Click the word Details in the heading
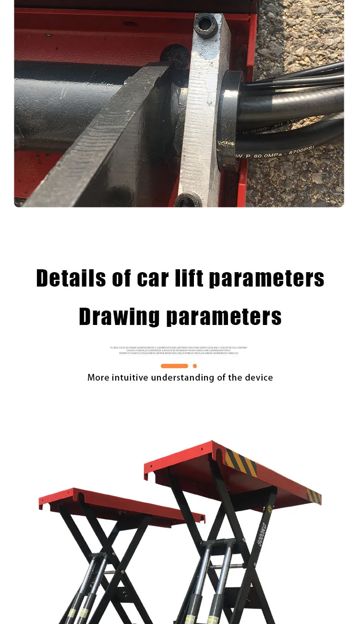coord(71,278)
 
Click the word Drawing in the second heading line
coord(120,316)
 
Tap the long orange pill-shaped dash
coord(174,366)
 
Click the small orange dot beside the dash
coord(195,366)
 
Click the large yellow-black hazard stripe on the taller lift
coord(241,462)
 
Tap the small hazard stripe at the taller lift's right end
coord(314,496)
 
